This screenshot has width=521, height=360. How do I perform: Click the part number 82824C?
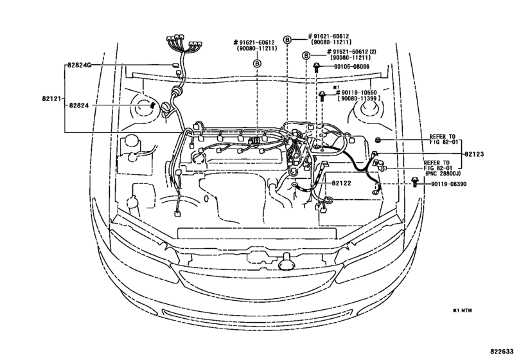[x=80, y=66]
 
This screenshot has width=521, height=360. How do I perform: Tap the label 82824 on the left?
[x=80, y=104]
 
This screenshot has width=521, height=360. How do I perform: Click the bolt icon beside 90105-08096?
[x=317, y=66]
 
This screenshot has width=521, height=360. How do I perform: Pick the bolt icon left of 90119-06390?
[x=415, y=184]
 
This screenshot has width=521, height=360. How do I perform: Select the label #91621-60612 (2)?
[x=357, y=51]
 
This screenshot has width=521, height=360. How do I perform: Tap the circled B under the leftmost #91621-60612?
[x=256, y=63]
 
